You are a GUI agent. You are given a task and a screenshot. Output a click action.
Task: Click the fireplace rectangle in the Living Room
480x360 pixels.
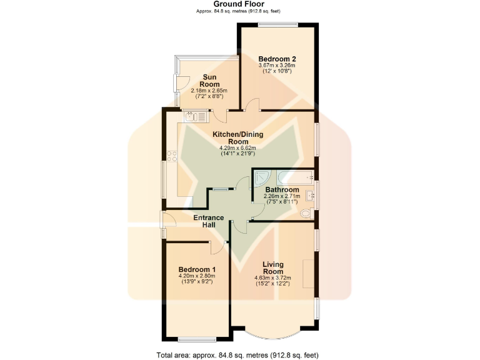(x=309, y=273)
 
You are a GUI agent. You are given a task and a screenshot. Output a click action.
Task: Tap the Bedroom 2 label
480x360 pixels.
(x=277, y=59)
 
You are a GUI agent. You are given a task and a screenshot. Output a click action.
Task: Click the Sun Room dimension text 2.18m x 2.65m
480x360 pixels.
(x=209, y=91)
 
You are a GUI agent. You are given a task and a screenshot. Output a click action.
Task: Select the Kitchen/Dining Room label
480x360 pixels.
(x=237, y=138)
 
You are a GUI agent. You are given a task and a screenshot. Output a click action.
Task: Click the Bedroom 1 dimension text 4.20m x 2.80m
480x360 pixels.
(x=196, y=276)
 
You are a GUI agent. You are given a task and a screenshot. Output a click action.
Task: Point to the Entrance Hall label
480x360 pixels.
(x=208, y=221)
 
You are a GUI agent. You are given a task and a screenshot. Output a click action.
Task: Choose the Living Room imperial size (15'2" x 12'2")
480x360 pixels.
(x=272, y=284)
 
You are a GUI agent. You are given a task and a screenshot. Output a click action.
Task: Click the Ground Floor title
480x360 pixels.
(x=240, y=4)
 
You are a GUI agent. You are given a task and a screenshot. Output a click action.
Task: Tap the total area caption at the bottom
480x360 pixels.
(x=240, y=354)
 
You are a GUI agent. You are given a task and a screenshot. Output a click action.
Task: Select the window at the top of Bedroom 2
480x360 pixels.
(x=278, y=25)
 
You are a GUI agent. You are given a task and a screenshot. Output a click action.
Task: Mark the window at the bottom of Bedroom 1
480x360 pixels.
(x=196, y=339)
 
